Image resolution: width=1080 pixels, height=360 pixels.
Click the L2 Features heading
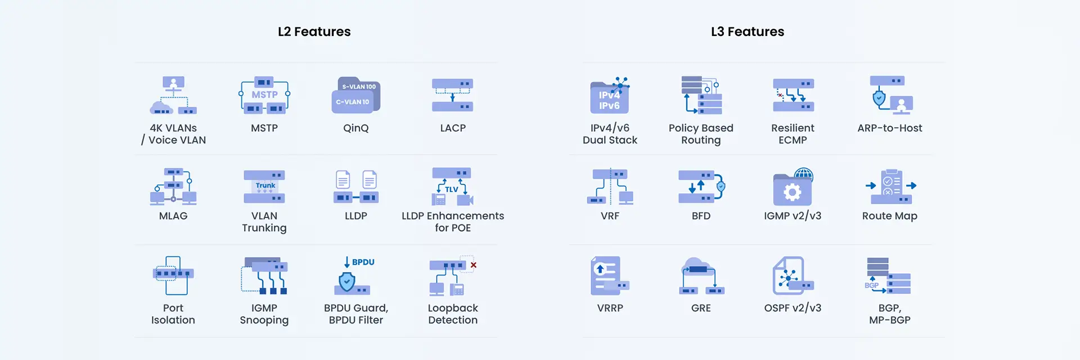(314, 31)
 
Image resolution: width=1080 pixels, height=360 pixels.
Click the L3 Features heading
(747, 31)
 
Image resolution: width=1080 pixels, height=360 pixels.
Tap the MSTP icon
(264, 95)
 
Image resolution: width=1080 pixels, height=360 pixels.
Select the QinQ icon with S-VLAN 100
(356, 95)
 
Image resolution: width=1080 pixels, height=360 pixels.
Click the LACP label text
(453, 128)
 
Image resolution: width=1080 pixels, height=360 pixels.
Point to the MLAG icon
(173, 186)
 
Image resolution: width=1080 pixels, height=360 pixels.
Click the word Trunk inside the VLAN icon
(265, 186)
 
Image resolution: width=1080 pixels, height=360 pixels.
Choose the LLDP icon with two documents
(356, 186)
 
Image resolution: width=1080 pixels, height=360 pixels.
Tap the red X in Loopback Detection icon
(474, 265)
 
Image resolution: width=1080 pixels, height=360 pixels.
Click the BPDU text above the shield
(363, 262)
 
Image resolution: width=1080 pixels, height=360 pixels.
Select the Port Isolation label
(173, 314)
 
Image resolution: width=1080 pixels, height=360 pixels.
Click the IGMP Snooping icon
(264, 276)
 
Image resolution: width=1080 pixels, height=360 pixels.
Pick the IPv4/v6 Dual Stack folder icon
(610, 96)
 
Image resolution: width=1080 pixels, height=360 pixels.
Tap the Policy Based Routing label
(701, 134)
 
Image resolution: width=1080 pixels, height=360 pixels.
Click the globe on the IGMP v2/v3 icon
(804, 175)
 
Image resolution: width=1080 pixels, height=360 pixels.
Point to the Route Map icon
(890, 186)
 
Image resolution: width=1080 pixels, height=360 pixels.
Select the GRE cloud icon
(701, 276)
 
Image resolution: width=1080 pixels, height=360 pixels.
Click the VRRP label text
(610, 308)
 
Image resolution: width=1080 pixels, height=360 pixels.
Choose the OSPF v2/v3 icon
(793, 276)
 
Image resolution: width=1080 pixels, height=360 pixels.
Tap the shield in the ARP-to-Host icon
(879, 99)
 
